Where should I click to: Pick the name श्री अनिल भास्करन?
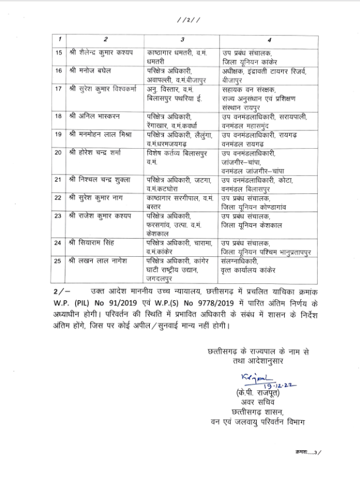tap(93, 116)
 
